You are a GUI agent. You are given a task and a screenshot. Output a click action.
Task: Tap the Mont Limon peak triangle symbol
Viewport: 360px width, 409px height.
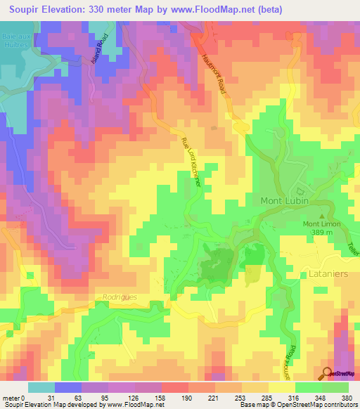tap(323, 216)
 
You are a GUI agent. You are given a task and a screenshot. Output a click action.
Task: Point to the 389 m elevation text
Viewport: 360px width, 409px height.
tap(322, 234)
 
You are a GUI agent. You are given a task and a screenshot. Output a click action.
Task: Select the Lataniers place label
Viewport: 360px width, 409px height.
tap(329, 274)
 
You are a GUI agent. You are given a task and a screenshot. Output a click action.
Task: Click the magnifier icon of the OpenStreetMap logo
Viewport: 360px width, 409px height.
tap(326, 372)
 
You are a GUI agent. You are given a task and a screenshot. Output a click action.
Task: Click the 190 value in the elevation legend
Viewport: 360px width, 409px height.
tap(187, 398)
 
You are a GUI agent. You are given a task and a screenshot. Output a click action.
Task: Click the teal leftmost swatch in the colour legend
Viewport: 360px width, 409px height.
tap(41, 387)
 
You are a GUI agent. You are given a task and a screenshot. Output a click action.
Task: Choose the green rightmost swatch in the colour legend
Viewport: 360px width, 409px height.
tap(335, 387)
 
